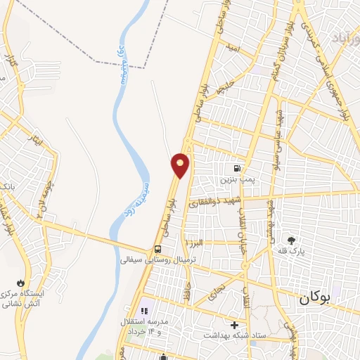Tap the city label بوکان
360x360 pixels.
[314, 297]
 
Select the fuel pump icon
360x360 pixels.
[236, 169]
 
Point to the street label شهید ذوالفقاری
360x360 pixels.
[215, 201]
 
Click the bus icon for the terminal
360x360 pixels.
[157, 250]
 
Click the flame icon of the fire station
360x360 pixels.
[29, 281]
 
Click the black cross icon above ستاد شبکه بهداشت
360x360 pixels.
[234, 324]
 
